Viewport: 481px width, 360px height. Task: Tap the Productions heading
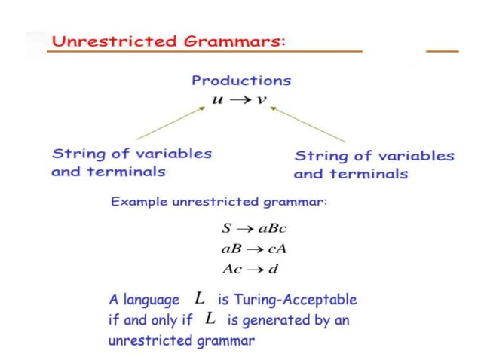click(240, 80)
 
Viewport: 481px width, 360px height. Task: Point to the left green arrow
click(170, 123)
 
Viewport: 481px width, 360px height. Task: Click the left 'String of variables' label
click(131, 154)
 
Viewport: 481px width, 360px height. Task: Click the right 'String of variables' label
click(374, 156)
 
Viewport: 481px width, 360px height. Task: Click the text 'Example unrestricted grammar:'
click(219, 202)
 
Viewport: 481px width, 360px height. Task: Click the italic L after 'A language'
click(200, 299)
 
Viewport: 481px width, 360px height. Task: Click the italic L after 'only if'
click(210, 319)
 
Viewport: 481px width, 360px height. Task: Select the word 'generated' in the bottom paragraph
click(283, 320)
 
